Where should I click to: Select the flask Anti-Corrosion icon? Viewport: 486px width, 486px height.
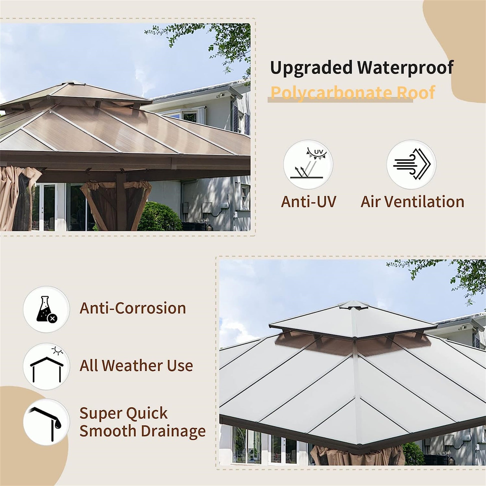(46, 309)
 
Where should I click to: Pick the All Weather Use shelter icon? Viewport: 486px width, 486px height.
(46, 366)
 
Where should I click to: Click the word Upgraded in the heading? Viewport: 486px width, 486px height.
(311, 67)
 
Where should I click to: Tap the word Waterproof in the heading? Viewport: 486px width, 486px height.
(406, 67)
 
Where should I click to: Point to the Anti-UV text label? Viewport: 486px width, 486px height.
(308, 202)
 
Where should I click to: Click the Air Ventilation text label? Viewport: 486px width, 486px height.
(412, 202)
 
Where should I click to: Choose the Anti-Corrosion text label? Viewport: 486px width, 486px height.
(133, 308)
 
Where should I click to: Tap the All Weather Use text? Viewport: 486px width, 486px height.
(136, 366)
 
